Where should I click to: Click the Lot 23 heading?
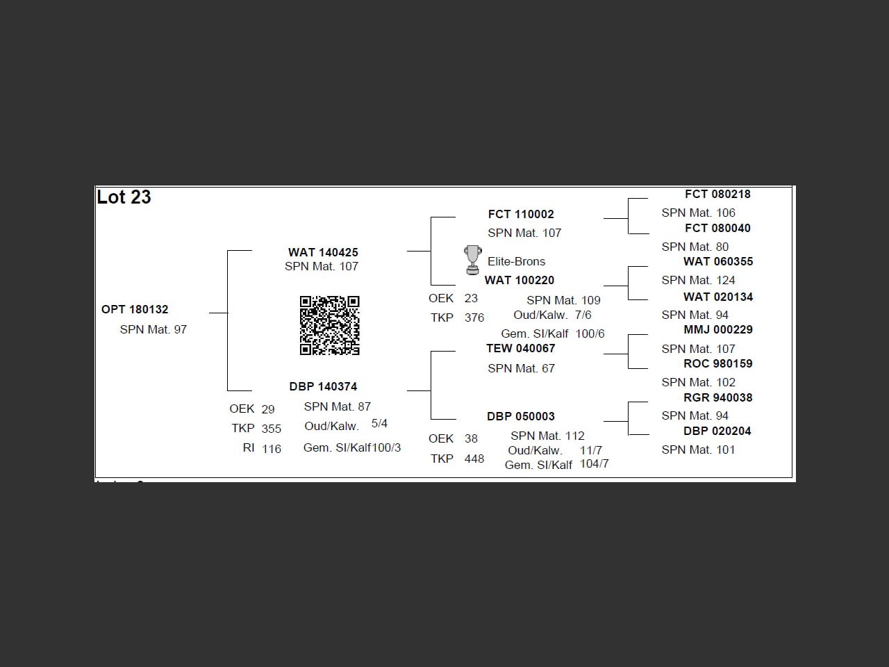(x=124, y=197)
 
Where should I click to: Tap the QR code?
(x=329, y=325)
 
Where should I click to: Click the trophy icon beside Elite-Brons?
(x=472, y=259)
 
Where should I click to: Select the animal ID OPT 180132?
(x=135, y=309)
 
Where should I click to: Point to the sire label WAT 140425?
(x=323, y=252)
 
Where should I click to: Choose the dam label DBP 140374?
(x=323, y=386)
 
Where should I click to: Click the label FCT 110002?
(x=521, y=214)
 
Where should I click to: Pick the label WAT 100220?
(x=520, y=280)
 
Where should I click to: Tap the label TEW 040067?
(x=521, y=348)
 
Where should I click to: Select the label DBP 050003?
(x=521, y=416)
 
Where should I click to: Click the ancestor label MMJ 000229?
(x=718, y=329)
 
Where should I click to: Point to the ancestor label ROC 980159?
(x=718, y=363)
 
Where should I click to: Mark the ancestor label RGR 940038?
(x=718, y=397)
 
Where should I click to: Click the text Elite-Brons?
(x=517, y=261)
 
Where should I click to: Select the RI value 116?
(x=272, y=449)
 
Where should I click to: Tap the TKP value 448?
(x=474, y=459)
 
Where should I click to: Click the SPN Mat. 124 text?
(x=698, y=280)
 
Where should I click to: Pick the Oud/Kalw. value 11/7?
(x=591, y=450)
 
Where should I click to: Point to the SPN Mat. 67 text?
(x=521, y=368)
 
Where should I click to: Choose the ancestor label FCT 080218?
(x=717, y=194)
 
